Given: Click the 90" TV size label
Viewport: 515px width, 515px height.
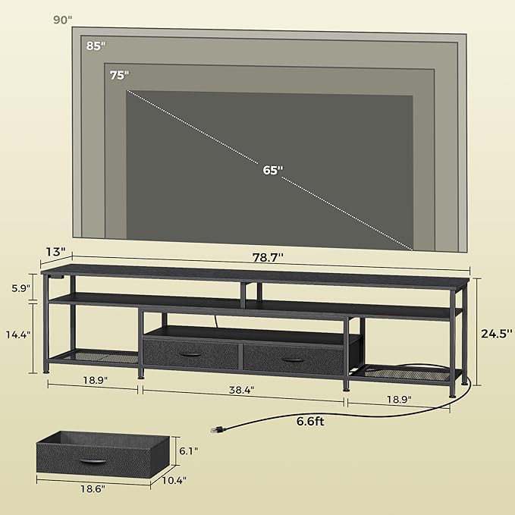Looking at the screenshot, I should point(63,20).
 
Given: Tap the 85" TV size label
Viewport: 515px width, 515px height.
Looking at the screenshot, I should point(96,46).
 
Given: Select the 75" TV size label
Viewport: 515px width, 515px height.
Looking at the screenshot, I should point(119,74).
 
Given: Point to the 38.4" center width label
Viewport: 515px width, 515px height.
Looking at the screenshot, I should point(241,389).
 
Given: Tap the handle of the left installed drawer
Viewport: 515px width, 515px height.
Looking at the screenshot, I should point(190,356).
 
